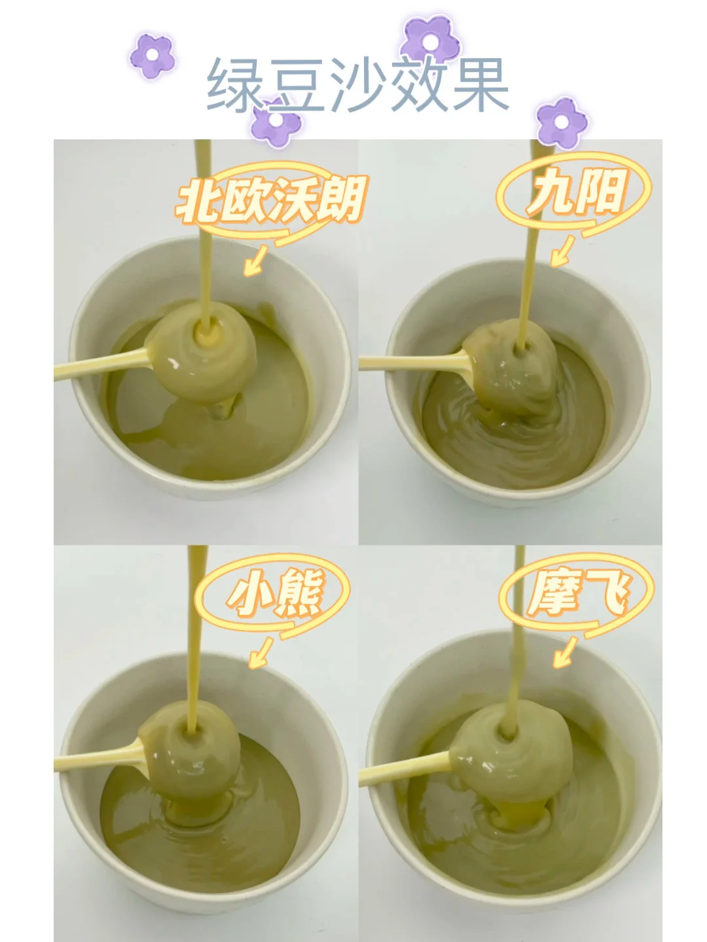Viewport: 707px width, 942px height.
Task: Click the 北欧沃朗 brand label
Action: [271, 200]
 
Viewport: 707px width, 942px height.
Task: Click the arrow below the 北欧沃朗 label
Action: [255, 260]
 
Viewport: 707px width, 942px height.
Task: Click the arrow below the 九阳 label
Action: [562, 251]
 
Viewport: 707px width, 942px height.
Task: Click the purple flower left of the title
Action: [153, 56]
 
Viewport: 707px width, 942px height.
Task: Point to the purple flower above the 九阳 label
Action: [562, 122]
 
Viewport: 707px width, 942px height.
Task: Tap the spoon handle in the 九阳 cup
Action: [413, 361]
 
